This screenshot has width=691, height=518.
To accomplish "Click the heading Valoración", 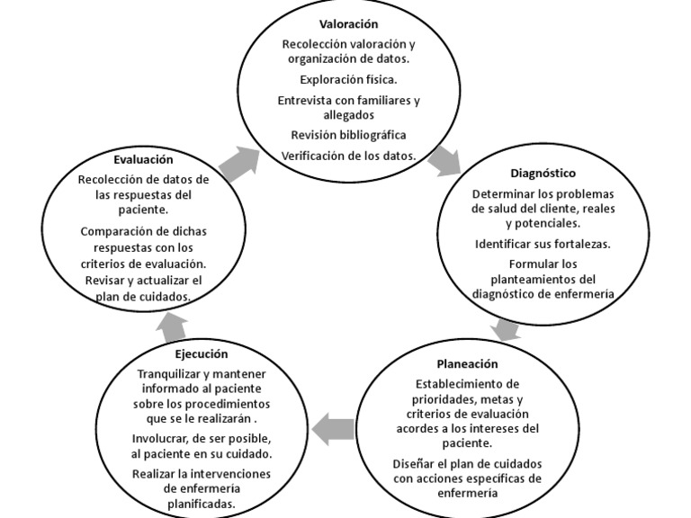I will click(x=348, y=23).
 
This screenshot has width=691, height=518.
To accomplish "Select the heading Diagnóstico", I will click(x=543, y=173).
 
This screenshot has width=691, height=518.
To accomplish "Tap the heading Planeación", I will click(x=467, y=364).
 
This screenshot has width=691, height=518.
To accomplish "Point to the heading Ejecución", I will click(x=202, y=354).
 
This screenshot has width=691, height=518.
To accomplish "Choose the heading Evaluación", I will click(x=143, y=159).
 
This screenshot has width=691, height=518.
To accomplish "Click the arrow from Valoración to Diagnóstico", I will click(x=444, y=161).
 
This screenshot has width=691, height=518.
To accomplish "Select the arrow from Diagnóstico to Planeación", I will click(x=507, y=328).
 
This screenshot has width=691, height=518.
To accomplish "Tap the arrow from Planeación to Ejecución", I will click(x=337, y=427).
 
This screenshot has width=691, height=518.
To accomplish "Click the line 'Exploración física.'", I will click(x=348, y=79).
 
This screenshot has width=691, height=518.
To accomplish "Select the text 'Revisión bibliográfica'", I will click(x=348, y=135).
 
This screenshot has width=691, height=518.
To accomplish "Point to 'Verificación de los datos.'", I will click(x=348, y=155).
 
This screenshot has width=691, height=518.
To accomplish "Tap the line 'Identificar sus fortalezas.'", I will click(x=543, y=244).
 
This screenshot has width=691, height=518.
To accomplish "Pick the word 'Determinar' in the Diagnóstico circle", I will click(x=504, y=193).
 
